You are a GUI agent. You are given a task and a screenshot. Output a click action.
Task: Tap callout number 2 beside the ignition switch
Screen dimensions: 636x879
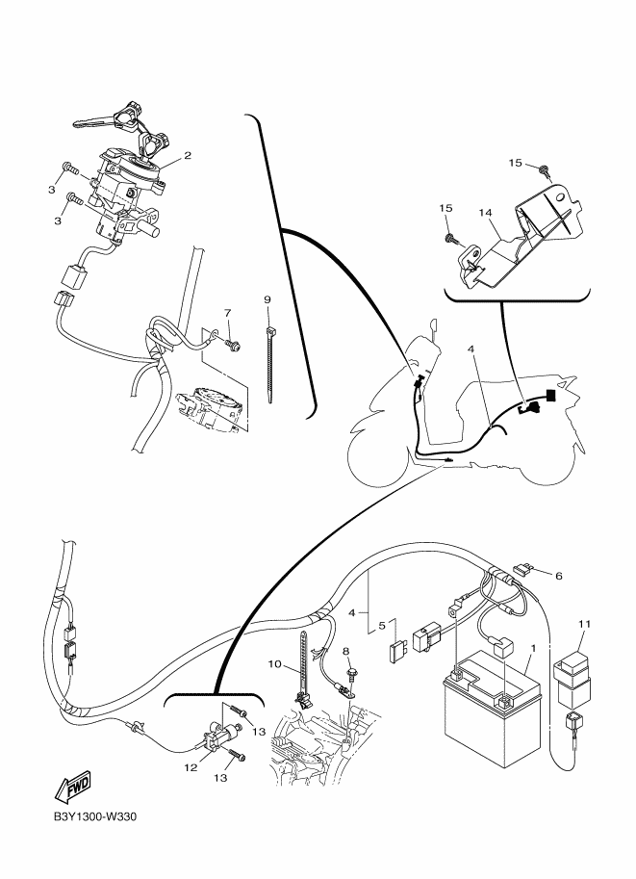[188, 155]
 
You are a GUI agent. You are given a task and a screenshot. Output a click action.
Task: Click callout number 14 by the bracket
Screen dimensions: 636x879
[485, 213]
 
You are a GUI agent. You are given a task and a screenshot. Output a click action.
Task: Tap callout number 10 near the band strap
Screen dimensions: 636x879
[274, 664]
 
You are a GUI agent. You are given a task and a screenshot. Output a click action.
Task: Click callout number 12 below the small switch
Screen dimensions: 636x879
[191, 767]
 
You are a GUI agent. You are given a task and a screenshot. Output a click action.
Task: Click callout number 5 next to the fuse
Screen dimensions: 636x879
[382, 626]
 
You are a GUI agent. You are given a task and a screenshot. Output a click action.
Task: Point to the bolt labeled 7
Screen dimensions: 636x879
[232, 343]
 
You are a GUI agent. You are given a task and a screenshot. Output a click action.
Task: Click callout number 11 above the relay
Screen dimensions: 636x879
[584, 624]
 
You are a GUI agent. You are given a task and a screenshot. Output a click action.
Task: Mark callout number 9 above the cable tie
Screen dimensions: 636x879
[267, 300]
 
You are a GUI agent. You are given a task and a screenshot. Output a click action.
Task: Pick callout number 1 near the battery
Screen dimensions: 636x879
[533, 648]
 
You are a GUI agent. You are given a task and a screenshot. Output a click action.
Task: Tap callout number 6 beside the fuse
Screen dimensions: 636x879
[559, 576]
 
